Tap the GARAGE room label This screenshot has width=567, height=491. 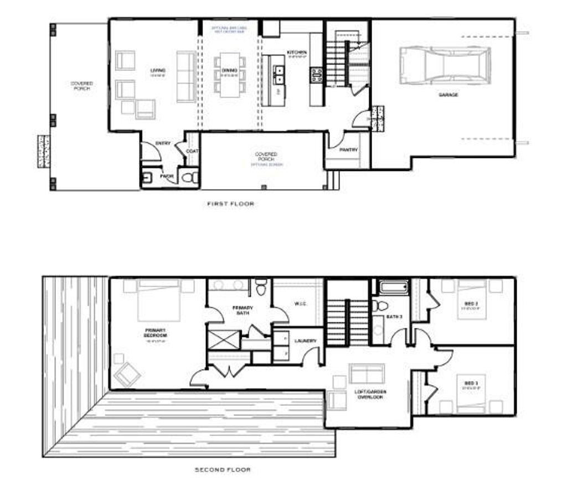pyautogui.click(x=449, y=95)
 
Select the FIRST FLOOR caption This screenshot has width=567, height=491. pyautogui.click(x=231, y=204)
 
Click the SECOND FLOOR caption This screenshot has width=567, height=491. pyautogui.click(x=223, y=470)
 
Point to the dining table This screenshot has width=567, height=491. pyautogui.click(x=230, y=75)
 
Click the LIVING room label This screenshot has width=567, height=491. pyautogui.click(x=158, y=70)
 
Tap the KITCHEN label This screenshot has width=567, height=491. pyautogui.click(x=297, y=53)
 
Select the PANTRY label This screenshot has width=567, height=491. pyautogui.click(x=348, y=150)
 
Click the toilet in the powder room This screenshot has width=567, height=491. pyautogui.click(x=189, y=177)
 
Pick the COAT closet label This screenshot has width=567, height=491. pyautogui.click(x=192, y=151)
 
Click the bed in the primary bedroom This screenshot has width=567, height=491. pyautogui.click(x=158, y=300)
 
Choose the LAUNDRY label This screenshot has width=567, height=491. pyautogui.click(x=306, y=341)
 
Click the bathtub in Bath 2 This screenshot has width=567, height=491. pyautogui.click(x=393, y=288)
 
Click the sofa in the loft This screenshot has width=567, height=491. pyautogui.click(x=367, y=374)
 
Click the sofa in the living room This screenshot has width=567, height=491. pyautogui.click(x=185, y=77)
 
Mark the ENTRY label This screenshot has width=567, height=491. pyautogui.click(x=163, y=144)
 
